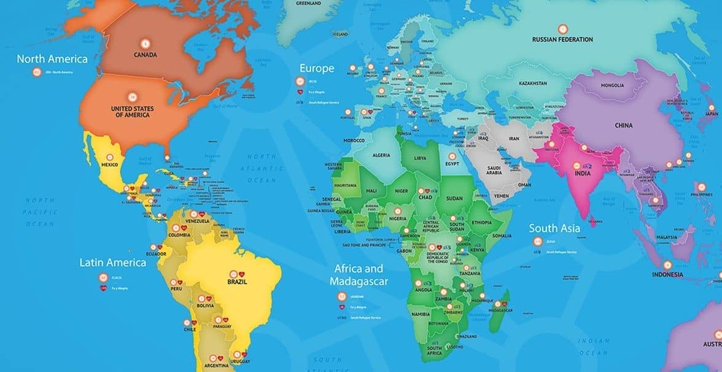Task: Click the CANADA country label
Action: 145,55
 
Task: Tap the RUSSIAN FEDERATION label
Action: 562,39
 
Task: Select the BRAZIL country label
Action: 237,282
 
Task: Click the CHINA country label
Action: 624,126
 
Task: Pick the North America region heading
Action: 52,60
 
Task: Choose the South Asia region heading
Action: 554,228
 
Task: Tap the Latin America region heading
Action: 113,263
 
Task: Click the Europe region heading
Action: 317,68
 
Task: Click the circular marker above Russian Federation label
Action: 562,28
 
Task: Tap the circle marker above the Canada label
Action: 145,44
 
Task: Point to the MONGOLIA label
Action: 612,85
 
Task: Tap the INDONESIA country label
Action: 667,274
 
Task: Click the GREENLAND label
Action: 308,3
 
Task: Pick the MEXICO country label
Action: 110,165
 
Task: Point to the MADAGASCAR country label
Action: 500,311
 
